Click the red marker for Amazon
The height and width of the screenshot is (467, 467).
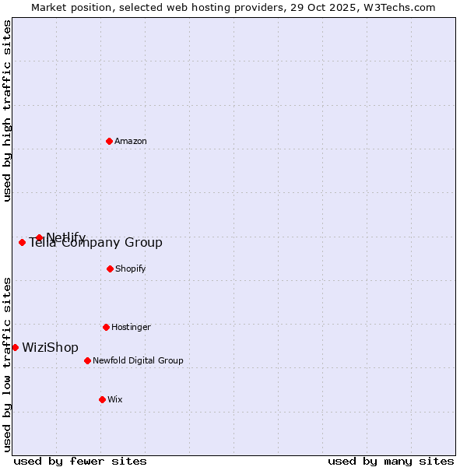point(109,141)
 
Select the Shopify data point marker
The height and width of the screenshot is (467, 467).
point(110,269)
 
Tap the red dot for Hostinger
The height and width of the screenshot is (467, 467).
point(106,327)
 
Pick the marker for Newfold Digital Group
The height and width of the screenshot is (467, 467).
point(87,360)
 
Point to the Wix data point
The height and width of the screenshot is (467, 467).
point(102,399)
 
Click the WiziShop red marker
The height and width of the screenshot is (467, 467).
point(15,347)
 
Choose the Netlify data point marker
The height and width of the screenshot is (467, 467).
point(39,237)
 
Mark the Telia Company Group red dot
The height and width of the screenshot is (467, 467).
point(22,242)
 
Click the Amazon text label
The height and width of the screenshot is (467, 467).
point(131,141)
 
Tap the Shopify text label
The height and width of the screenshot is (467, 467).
point(131,269)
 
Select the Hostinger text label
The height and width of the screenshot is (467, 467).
point(131,327)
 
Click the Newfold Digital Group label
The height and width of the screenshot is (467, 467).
point(138,360)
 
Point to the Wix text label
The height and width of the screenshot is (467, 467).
point(115,399)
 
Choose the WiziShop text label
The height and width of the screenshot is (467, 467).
point(50,347)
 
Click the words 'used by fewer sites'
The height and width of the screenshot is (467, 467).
point(80,461)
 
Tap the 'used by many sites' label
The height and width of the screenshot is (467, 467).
point(391,461)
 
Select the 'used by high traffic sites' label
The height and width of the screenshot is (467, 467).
point(7,111)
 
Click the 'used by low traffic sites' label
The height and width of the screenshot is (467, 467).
point(7,363)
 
